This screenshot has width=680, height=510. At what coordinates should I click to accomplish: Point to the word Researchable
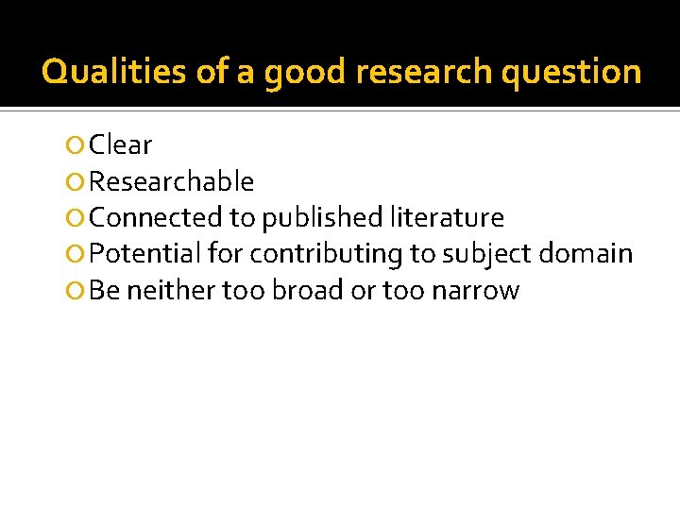[x=171, y=181]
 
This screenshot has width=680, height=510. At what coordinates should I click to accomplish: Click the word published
[x=322, y=218]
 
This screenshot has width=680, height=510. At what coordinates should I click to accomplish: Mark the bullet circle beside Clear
[x=76, y=145]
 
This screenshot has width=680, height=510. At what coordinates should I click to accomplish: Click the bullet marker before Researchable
[x=76, y=181]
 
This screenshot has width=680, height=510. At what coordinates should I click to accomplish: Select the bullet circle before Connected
[x=76, y=218]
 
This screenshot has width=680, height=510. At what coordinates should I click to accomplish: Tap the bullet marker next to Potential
[x=76, y=254]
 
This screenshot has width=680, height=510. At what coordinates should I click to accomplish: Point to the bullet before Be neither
[x=76, y=290]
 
